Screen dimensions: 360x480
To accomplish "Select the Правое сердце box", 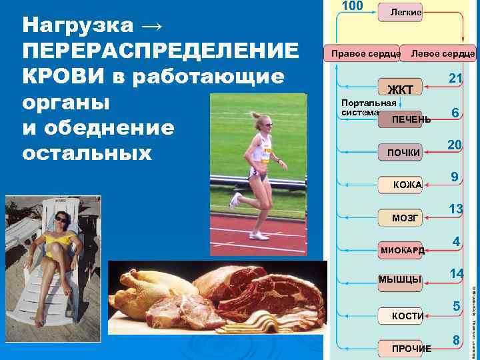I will tap(362, 53).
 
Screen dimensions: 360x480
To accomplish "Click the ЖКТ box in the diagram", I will tap(399, 90).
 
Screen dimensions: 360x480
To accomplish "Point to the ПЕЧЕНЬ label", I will tap(411, 119).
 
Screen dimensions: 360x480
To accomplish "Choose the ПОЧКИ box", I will tap(400, 153).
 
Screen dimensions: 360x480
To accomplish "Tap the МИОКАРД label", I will tap(402, 249).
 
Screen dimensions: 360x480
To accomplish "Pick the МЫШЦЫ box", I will tap(400, 279).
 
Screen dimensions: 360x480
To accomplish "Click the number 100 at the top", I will tap(351, 6).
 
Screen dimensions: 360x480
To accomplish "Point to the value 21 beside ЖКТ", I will tap(455, 79).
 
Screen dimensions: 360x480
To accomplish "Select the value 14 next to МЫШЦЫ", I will tap(456, 273).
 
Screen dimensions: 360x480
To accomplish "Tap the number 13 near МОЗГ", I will tap(455, 209).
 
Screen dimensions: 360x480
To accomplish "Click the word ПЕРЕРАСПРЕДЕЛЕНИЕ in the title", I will tap(161, 51).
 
